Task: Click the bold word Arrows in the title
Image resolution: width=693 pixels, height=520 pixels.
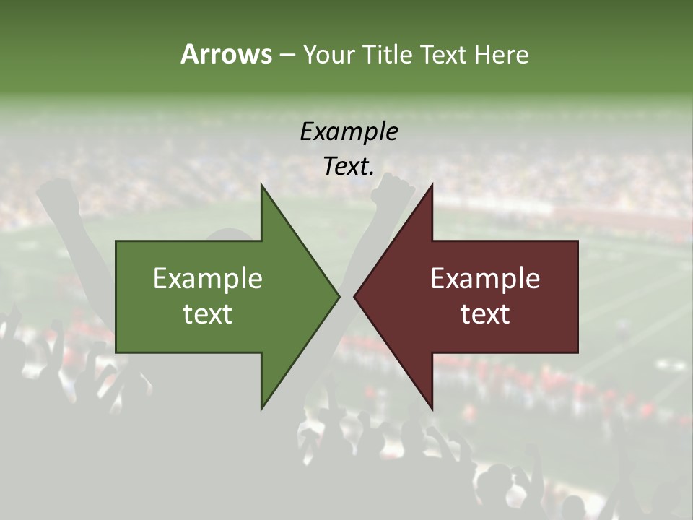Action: coord(225,54)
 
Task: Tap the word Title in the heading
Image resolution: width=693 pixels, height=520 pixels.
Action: coord(386,54)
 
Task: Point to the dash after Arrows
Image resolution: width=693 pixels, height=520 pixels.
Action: coord(287,55)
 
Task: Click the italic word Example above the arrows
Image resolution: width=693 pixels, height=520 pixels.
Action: coord(349,131)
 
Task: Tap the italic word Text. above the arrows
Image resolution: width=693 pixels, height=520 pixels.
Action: coord(349,167)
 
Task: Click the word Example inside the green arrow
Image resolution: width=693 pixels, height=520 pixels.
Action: coord(208,278)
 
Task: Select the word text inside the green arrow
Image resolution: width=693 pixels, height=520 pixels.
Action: coord(208,314)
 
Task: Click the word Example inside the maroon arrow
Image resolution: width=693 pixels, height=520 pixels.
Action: coord(485,278)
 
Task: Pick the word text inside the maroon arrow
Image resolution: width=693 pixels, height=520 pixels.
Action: coord(485,314)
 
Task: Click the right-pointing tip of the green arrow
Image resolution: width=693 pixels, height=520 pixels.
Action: coord(339,296)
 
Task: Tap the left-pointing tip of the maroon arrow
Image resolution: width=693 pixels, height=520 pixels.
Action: coord(354,296)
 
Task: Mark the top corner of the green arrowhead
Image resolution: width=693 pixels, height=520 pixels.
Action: coord(261,185)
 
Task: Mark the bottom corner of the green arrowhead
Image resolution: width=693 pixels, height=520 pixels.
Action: coord(261,409)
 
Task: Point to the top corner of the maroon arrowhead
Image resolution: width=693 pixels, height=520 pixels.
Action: coord(432,185)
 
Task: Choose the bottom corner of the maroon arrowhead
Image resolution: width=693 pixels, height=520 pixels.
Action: coord(432,409)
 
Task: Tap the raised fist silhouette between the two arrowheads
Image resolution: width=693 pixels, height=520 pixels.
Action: coord(392,191)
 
